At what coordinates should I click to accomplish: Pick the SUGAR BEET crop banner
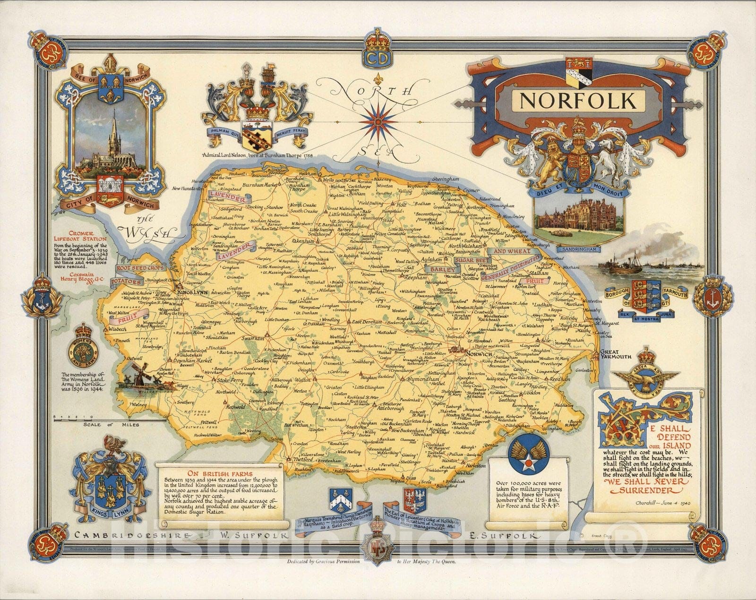(469, 260)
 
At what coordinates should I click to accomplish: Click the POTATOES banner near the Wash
(127, 282)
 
